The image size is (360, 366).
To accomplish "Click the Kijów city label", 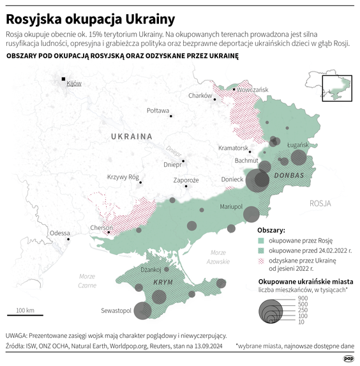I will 74,84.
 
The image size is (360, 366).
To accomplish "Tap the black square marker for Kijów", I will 63,79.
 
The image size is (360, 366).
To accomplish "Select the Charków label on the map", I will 200,96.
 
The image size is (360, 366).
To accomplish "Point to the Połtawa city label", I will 158,111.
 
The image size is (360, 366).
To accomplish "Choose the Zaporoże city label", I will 186,180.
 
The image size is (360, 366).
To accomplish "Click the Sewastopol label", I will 116,311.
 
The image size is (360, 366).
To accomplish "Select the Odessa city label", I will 59,233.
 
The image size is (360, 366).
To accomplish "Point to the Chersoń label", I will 102,228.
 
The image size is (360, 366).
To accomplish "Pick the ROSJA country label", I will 320,204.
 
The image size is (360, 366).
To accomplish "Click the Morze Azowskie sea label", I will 218,257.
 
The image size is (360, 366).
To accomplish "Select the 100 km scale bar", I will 25,314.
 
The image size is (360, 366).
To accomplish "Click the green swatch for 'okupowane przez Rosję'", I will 260,241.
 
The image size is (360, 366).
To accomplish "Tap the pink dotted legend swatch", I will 260,261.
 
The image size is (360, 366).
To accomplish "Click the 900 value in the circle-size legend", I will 303,298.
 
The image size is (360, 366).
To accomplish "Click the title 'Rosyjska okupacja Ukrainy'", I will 86,17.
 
